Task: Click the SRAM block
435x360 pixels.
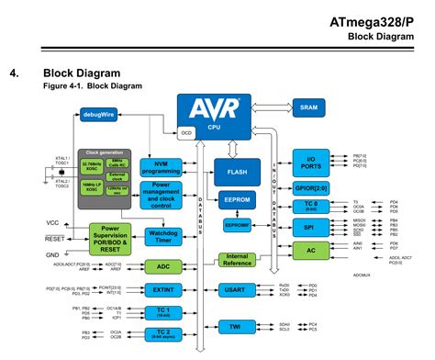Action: (309, 107)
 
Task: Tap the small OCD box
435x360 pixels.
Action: (187, 133)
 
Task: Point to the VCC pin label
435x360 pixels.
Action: (52, 223)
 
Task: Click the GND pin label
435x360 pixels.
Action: (52, 253)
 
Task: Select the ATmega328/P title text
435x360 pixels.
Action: (378, 21)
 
